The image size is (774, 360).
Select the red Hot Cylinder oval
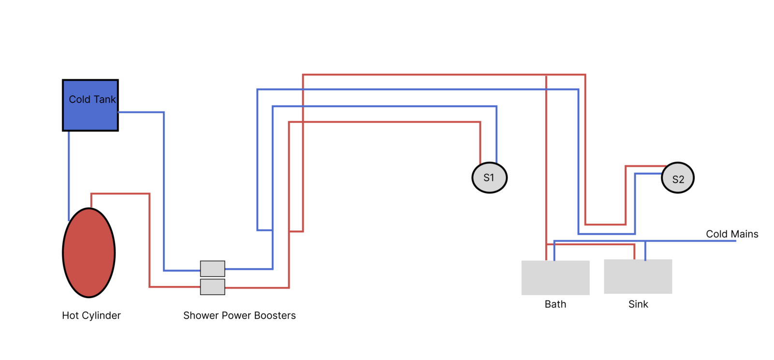click(x=89, y=253)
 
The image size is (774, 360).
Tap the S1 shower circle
click(x=490, y=178)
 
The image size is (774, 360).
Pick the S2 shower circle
click(x=678, y=178)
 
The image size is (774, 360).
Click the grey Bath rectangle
click(x=555, y=278)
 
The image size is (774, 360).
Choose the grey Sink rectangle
click(x=638, y=276)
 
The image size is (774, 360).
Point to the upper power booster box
click(x=212, y=269)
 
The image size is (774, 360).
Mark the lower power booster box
click(x=212, y=287)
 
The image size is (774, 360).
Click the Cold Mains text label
click(x=732, y=234)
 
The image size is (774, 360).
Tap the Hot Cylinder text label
click(x=91, y=315)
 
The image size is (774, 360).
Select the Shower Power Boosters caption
click(x=239, y=315)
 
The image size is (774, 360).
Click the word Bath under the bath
click(x=555, y=304)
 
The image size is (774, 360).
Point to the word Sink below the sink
click(x=638, y=304)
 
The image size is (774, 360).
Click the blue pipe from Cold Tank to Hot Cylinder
click(x=69, y=174)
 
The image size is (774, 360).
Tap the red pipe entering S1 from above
click(x=480, y=143)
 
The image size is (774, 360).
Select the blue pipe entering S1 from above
click(x=496, y=135)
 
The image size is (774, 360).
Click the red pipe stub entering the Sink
click(x=634, y=252)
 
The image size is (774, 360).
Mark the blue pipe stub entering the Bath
click(x=554, y=251)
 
